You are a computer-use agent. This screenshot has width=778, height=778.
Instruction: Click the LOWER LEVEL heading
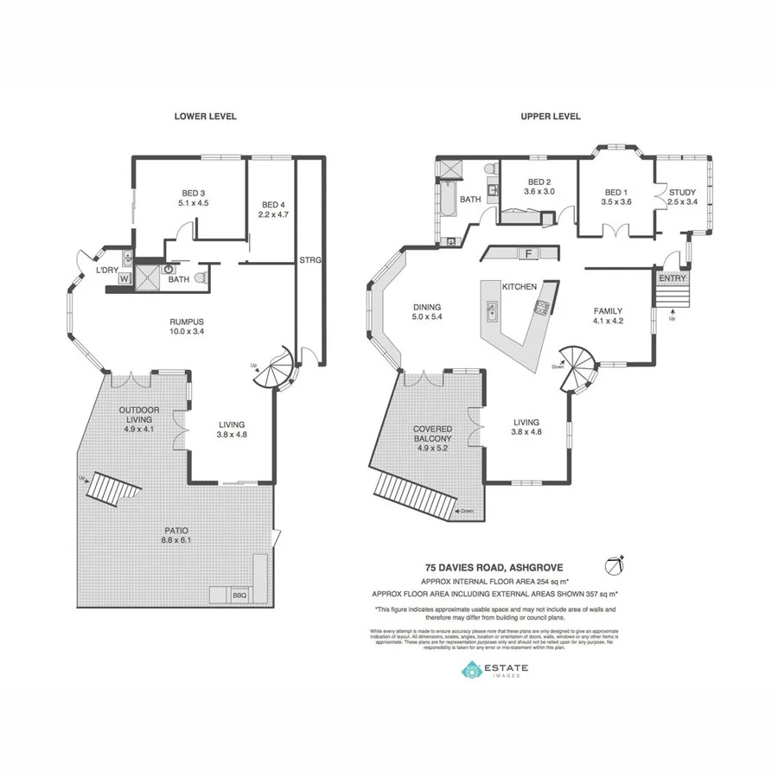tap(205, 116)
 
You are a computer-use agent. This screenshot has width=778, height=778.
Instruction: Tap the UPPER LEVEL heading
tap(550, 116)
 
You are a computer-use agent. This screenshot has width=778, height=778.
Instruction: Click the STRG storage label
tap(309, 259)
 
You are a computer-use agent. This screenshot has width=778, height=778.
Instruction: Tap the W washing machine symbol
tap(124, 279)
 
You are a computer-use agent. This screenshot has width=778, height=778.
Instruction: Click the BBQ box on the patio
tap(239, 595)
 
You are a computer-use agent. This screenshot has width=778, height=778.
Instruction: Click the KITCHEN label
tap(520, 286)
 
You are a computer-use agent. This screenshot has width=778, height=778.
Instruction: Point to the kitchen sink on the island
tap(492, 309)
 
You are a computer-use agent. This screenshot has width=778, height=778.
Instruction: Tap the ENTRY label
tap(672, 278)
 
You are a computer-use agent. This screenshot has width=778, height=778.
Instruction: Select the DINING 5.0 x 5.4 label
tap(427, 312)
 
